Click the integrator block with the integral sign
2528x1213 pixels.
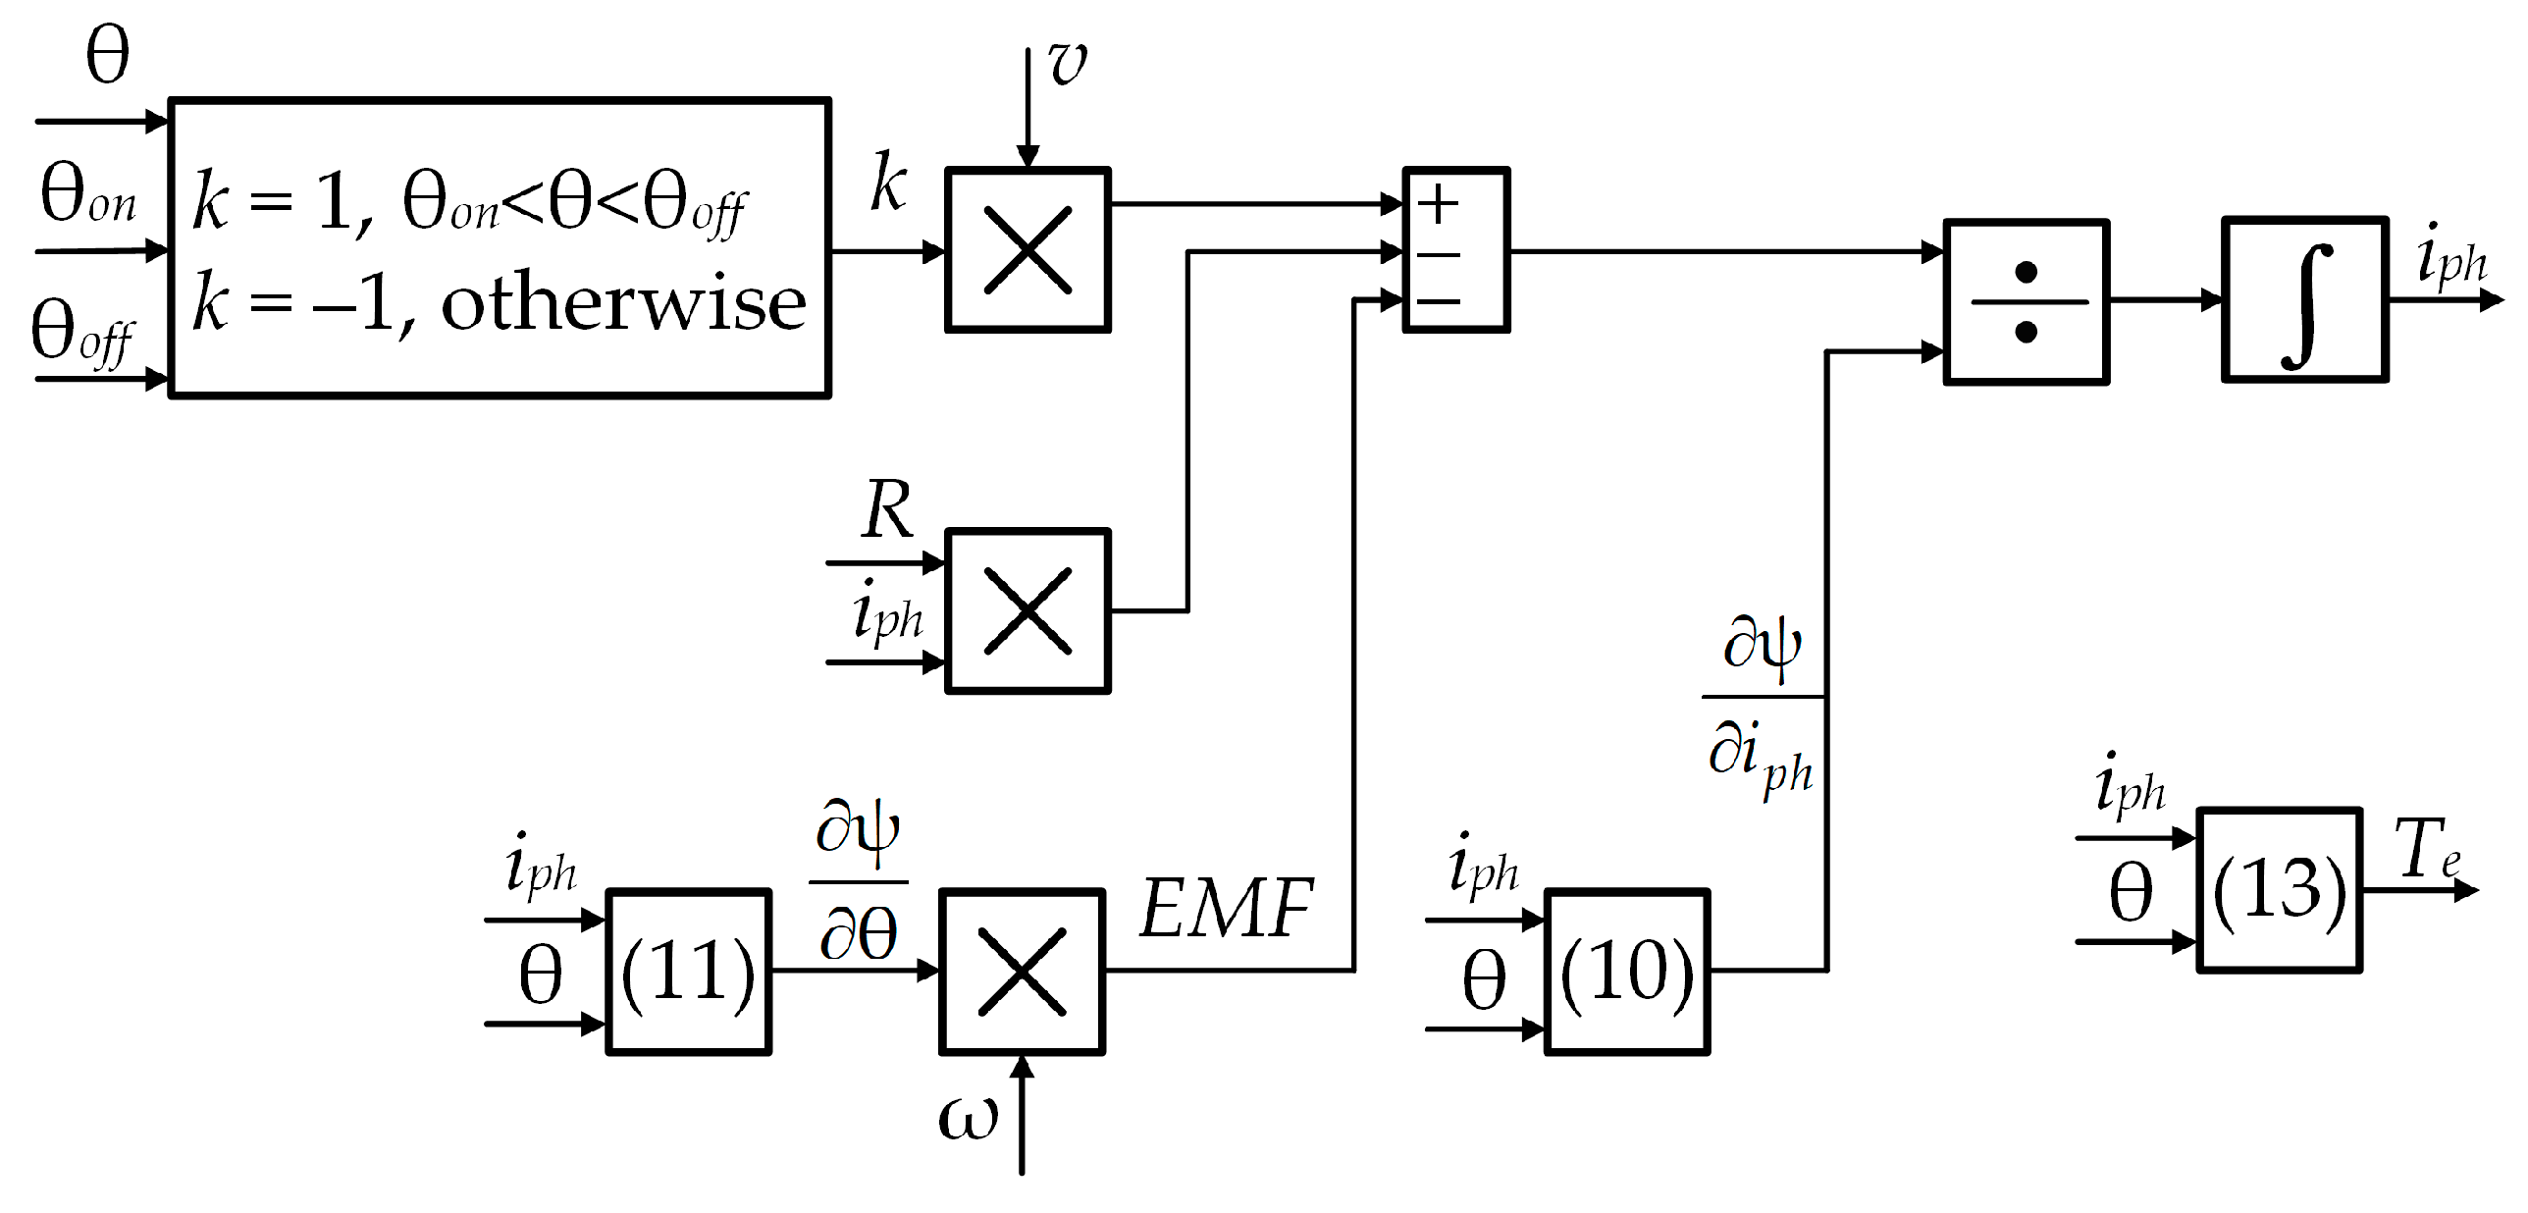pos(2304,300)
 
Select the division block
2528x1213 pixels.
pos(2026,302)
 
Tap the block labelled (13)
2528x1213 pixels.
pos(2279,890)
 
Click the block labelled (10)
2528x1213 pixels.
pos(1627,972)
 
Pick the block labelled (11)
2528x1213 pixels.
pos(688,972)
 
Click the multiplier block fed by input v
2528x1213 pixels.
pos(1027,250)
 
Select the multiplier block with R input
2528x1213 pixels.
pos(1027,611)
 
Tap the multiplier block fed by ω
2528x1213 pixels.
pos(1022,972)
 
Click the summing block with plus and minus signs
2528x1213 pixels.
pos(1456,250)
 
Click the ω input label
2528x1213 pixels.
pos(968,1118)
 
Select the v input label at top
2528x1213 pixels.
pos(1068,63)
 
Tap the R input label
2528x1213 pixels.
pos(887,510)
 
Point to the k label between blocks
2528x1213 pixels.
pos(888,184)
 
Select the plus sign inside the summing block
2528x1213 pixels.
pos(1439,205)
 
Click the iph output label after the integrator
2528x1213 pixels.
pos(2450,255)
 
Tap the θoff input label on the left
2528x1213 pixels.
pos(82,334)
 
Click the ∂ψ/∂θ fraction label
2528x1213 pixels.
pos(858,881)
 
